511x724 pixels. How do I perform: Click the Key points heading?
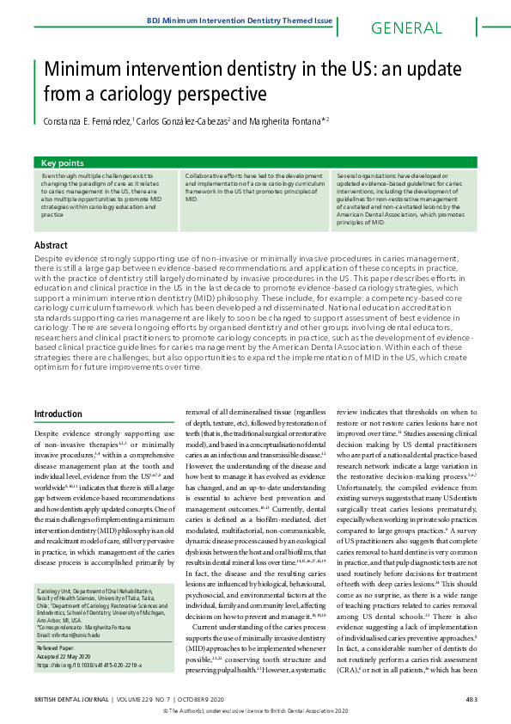pyautogui.click(x=63, y=162)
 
